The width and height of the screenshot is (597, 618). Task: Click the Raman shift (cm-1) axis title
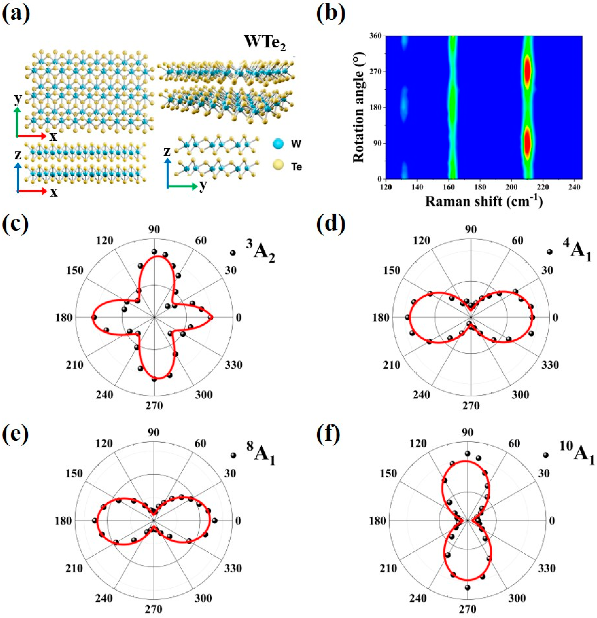click(484, 201)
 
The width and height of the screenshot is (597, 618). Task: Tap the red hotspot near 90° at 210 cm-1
click(527, 143)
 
